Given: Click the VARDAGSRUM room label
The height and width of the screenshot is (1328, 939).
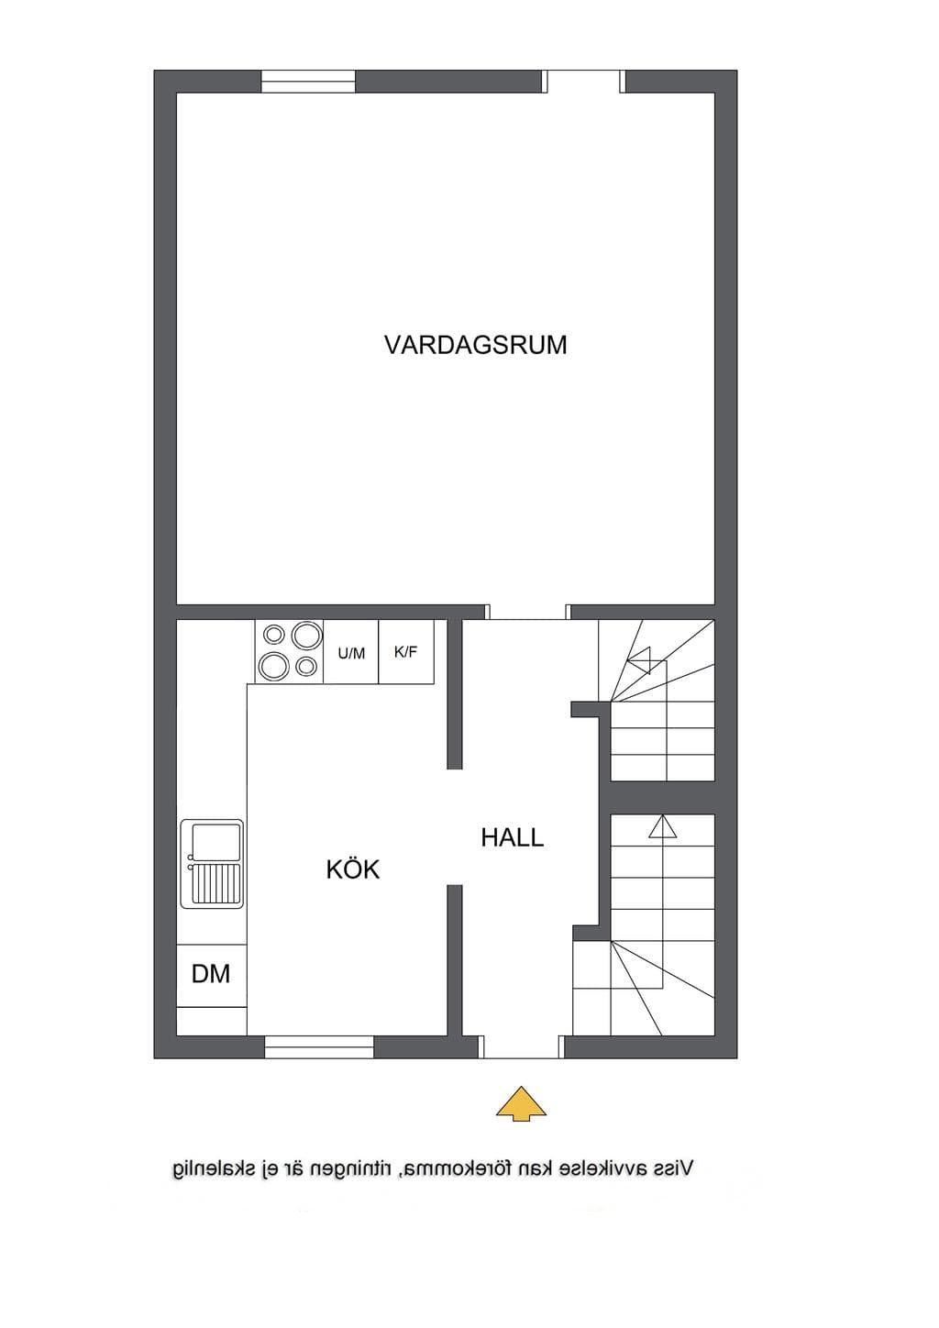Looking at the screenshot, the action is click(x=475, y=345).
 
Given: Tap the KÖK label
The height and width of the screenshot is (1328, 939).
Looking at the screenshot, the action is click(x=353, y=869).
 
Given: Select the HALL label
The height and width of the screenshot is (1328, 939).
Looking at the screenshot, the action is click(x=513, y=837).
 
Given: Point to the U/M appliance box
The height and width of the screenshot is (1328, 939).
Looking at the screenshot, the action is click(x=351, y=652).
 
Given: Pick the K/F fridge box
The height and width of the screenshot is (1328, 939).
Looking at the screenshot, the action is click(x=406, y=652).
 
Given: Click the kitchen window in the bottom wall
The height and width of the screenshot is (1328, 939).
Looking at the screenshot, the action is click(x=319, y=1047).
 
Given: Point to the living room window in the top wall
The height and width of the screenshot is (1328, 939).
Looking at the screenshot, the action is click(x=309, y=82).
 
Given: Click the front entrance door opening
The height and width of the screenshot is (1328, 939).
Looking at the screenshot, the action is click(x=521, y=1047).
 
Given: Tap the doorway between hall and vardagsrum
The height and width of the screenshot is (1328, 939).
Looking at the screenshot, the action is click(x=527, y=613).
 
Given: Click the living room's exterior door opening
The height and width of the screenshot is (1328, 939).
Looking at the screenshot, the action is click(x=585, y=82).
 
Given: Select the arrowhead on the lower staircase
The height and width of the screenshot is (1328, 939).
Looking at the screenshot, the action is click(x=663, y=825).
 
